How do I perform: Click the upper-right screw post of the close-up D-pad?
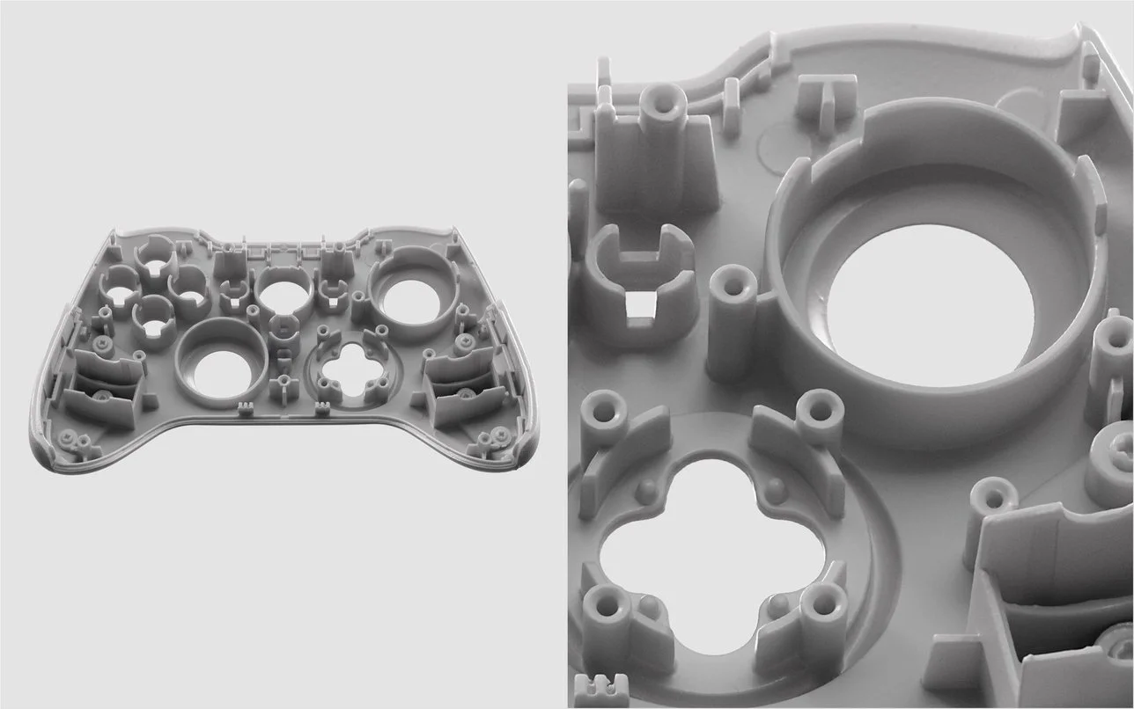[x=820, y=407]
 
